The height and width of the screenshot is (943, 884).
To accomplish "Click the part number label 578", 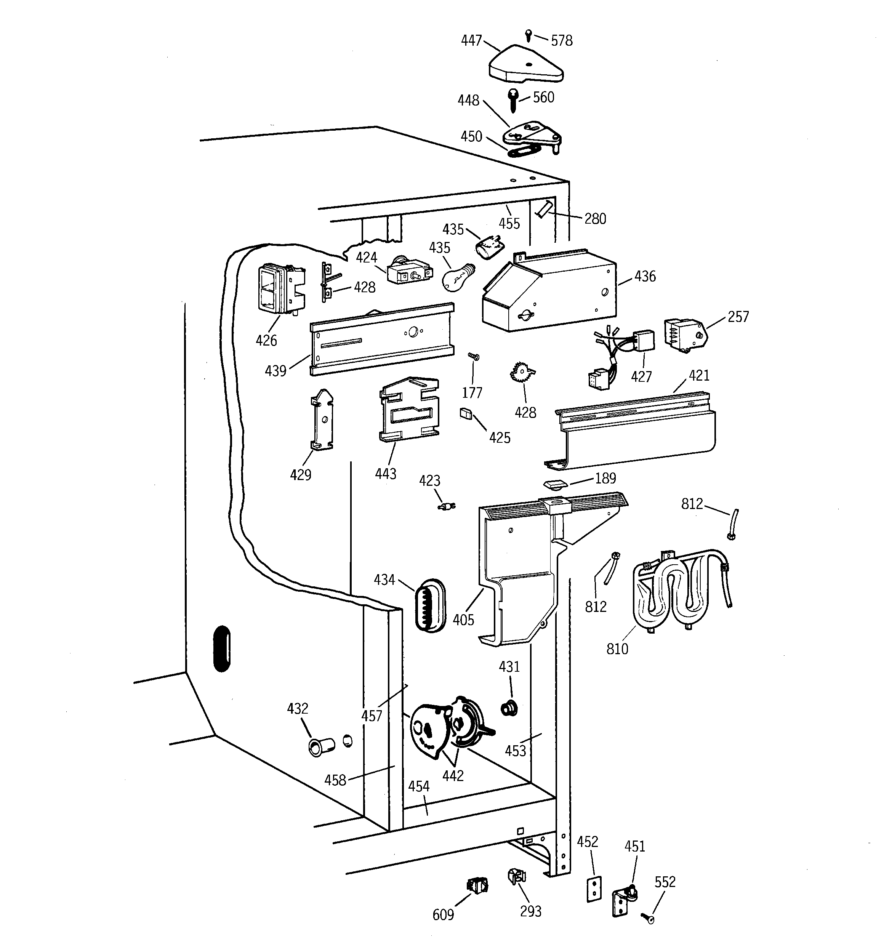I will click(561, 41).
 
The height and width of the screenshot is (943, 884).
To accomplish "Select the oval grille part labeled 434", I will click(430, 606).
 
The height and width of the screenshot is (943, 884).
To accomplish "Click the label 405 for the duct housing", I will click(463, 620).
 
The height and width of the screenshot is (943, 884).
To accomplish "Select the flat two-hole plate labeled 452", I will click(593, 889).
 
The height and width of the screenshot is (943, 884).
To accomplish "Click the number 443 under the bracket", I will click(385, 473).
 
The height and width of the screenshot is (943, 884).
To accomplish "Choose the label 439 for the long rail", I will click(275, 370).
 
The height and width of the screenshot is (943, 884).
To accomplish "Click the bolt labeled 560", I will click(513, 99).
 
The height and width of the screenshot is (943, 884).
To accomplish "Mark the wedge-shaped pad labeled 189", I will click(555, 484).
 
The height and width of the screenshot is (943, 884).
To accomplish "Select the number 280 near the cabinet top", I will click(595, 219).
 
